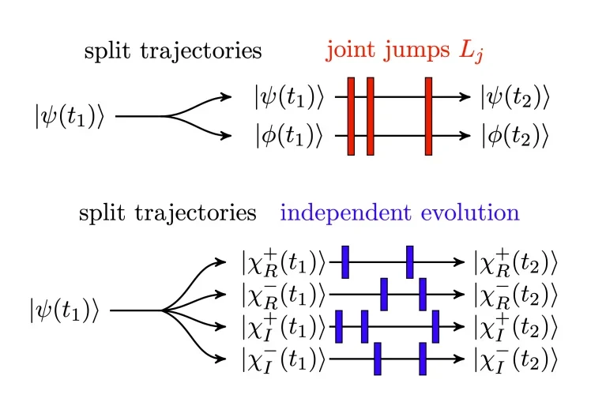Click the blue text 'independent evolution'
point(400,213)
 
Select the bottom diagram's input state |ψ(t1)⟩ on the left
point(64,310)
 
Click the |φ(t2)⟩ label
point(514,135)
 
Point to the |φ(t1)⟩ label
point(289,135)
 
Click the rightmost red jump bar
point(428,116)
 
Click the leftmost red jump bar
point(351,116)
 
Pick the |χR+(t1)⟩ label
point(284,261)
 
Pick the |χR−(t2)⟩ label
point(516,294)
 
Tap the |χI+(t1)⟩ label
point(284,327)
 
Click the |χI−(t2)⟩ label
point(516,360)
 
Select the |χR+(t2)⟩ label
point(516,261)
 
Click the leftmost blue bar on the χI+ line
point(338,327)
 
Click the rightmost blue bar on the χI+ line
point(435,327)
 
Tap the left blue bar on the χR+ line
point(345,262)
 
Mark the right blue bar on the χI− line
point(423,359)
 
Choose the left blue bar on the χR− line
point(384,294)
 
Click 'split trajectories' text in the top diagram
point(172,52)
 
